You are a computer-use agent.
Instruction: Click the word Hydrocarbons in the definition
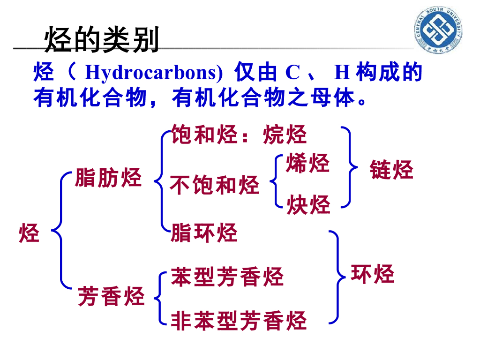point(153,73)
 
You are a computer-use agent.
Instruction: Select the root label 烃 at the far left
point(29,233)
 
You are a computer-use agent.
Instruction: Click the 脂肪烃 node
point(108,179)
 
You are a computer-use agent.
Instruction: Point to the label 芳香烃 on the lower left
point(111,296)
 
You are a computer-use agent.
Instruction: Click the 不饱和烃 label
point(214,185)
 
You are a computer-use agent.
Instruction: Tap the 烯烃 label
point(308,163)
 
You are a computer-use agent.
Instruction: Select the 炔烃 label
point(308,204)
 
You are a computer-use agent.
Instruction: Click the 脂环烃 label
point(204,232)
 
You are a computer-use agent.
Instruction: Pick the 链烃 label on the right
point(391,170)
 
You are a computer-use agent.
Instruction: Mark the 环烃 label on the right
point(373,274)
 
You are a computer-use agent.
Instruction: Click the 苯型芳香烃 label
point(227,277)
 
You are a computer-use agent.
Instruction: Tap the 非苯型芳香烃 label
point(238,321)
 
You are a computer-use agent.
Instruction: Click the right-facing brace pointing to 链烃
point(349,166)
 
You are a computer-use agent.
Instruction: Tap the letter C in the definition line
point(292,73)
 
